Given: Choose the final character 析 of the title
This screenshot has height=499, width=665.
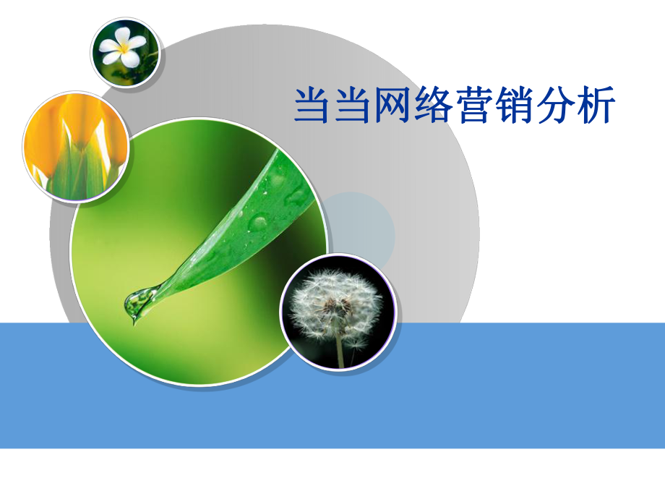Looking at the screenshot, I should [596, 106].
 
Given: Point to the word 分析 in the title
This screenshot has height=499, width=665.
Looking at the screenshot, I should [576, 106].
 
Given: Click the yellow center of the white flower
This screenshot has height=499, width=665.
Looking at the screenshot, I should [124, 49].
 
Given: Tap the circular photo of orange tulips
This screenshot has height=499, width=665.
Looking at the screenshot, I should [76, 145].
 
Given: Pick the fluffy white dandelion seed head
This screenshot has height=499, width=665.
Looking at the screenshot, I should [335, 304].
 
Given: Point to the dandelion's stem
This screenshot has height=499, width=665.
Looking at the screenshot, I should [340, 350].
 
